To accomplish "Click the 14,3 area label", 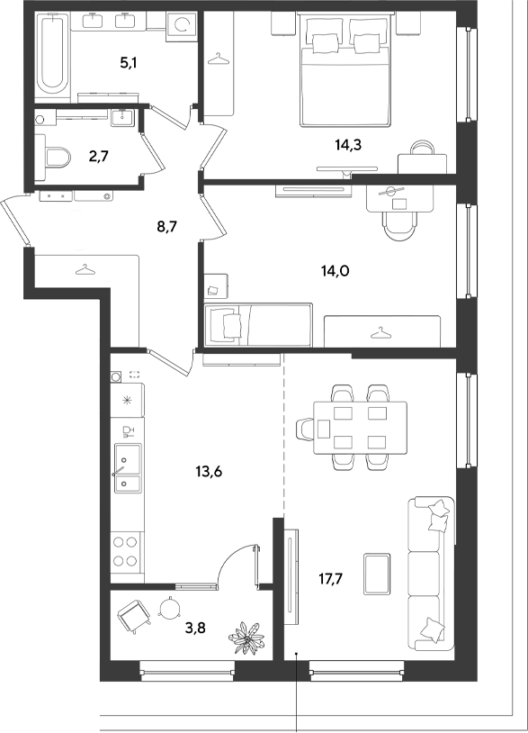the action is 348,145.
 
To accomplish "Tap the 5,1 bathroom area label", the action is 128,62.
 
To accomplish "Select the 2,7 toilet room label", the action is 99,156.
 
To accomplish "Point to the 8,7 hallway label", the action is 167,228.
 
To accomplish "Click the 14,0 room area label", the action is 336,270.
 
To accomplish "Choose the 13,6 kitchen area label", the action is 209,472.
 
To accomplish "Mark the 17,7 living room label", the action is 330,579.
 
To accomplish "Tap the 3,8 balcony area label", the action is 195,628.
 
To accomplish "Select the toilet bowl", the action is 58,158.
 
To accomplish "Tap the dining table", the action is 360,427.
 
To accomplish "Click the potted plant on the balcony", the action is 246,637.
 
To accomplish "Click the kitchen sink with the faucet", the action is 127,467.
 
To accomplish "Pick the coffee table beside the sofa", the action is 377,574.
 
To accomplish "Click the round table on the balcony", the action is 169,608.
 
